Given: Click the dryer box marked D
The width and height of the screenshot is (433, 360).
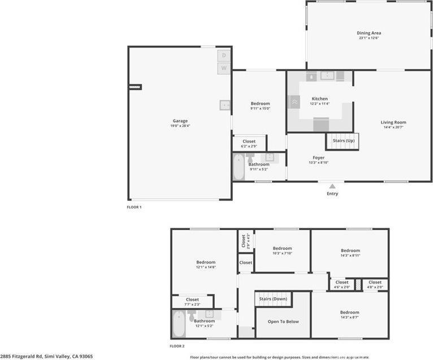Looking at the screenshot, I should click(x=224, y=55).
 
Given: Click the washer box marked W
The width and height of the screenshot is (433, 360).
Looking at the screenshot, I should click(x=224, y=68).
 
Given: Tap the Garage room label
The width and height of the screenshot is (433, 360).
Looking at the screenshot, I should click(x=180, y=121).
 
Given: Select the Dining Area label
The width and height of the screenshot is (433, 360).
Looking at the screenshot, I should click(x=369, y=33).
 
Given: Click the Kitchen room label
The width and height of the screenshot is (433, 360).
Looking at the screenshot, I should click(x=319, y=99).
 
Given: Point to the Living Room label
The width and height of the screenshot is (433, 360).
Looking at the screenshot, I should click(x=393, y=122).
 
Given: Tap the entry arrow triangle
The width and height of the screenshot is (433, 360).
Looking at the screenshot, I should click(x=332, y=186).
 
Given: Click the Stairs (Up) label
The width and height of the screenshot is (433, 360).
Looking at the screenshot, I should click(x=343, y=140).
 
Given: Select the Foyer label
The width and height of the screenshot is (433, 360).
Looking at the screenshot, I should click(x=318, y=158).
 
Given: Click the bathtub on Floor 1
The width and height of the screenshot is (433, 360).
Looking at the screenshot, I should click(x=239, y=168).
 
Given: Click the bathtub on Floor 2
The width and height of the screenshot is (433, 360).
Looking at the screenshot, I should click(x=179, y=324).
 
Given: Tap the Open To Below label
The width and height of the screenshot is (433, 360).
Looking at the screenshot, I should click(x=283, y=322).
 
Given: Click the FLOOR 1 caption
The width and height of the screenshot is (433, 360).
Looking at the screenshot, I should click(x=134, y=207).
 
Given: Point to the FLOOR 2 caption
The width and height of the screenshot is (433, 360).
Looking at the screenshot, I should click(x=177, y=346).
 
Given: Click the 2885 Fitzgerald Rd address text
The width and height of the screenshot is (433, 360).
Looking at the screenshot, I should click(x=46, y=357).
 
